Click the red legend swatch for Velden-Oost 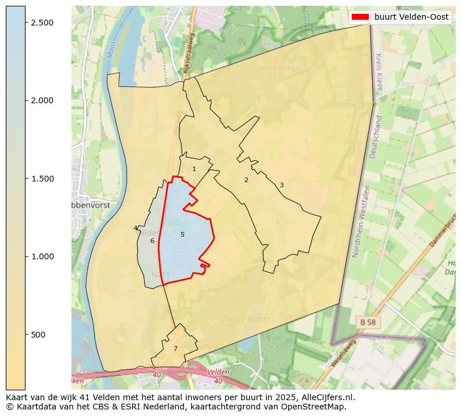pos(360,17)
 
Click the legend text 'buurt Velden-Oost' pos(411,17)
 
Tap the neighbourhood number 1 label pos(194,169)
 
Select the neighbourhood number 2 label pos(246,180)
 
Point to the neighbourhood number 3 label pos(282,186)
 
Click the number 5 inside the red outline pos(182,235)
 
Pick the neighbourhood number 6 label pos(152,241)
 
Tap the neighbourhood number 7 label pos(175,349)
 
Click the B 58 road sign pos(368,322)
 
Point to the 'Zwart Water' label pos(246,319)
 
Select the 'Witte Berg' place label pos(276,68)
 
